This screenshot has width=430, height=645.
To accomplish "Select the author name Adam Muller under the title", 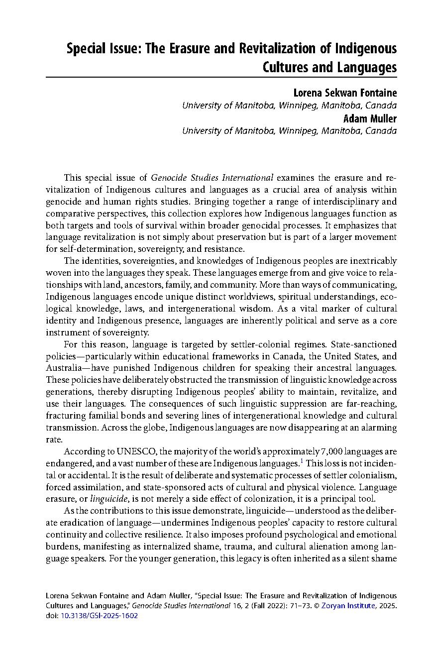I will tap(370, 118).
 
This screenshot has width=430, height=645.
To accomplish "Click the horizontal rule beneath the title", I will tap(221, 77).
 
